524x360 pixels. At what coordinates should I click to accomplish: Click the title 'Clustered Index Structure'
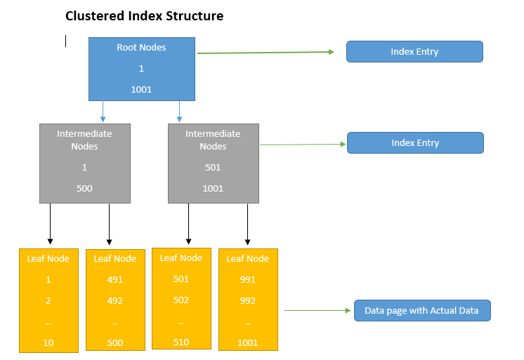(144, 15)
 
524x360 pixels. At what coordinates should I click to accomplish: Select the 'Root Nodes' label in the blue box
(141, 48)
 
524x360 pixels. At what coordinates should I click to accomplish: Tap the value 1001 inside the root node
(141, 89)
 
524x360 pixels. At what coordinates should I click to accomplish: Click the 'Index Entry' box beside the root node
(414, 52)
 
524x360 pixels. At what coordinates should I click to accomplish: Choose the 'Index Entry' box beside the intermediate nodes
(415, 143)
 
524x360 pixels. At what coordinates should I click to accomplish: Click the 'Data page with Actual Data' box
(421, 311)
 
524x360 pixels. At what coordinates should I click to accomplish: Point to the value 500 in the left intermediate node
(84, 188)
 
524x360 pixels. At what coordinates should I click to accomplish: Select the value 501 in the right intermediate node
(213, 167)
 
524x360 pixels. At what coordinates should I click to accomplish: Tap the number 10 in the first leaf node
(48, 342)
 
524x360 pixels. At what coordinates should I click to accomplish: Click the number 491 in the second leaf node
(115, 279)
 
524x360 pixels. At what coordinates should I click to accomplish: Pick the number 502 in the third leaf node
(181, 300)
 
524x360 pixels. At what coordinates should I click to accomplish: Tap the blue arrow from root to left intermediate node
(103, 111)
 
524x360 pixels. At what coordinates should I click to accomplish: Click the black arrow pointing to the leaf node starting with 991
(247, 225)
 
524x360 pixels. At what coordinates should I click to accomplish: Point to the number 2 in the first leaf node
(48, 300)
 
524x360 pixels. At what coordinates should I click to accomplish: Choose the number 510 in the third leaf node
(181, 342)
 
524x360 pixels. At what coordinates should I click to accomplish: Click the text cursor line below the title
(66, 41)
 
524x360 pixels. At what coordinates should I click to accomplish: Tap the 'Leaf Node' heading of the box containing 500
(115, 259)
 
